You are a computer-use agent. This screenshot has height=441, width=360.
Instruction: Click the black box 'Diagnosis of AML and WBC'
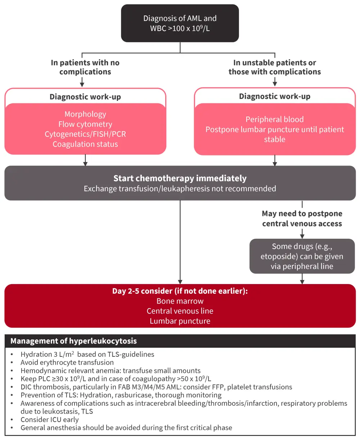pyautogui.click(x=180, y=23)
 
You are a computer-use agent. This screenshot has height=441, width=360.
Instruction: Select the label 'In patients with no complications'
pyautogui.click(x=85, y=67)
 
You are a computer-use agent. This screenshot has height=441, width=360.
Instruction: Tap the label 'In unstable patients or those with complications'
pyautogui.click(x=275, y=67)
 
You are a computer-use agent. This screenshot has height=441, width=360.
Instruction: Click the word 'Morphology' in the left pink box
pyautogui.click(x=85, y=114)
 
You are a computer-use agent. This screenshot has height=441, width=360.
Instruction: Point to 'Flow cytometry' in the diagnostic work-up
pyautogui.click(x=85, y=124)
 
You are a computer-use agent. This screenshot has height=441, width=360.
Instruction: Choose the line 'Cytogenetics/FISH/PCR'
pyautogui.click(x=85, y=134)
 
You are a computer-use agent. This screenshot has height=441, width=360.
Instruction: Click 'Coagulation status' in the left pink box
pyautogui.click(x=85, y=144)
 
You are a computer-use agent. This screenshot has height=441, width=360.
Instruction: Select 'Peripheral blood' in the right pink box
pyautogui.click(x=275, y=120)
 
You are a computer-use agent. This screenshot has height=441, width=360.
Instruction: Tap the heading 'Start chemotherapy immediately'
pyautogui.click(x=180, y=178)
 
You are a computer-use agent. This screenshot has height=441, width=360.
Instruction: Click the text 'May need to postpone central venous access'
pyautogui.click(x=302, y=219)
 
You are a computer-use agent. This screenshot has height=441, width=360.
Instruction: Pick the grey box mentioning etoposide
pyautogui.click(x=302, y=256)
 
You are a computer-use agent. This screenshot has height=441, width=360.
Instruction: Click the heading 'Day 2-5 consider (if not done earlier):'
pyautogui.click(x=180, y=291)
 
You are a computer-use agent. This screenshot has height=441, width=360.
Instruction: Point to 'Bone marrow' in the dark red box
pyautogui.click(x=180, y=301)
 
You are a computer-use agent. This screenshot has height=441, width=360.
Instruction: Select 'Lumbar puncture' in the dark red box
pyautogui.click(x=180, y=321)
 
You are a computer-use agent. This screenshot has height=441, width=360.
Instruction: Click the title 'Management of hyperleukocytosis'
pyautogui.click(x=73, y=341)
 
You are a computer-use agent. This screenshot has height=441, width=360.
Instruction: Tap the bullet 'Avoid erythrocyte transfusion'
pyautogui.click(x=67, y=363)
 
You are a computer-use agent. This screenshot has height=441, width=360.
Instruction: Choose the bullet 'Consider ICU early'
pyautogui.click(x=50, y=420)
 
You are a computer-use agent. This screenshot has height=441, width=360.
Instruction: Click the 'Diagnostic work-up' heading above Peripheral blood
pyautogui.click(x=275, y=96)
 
